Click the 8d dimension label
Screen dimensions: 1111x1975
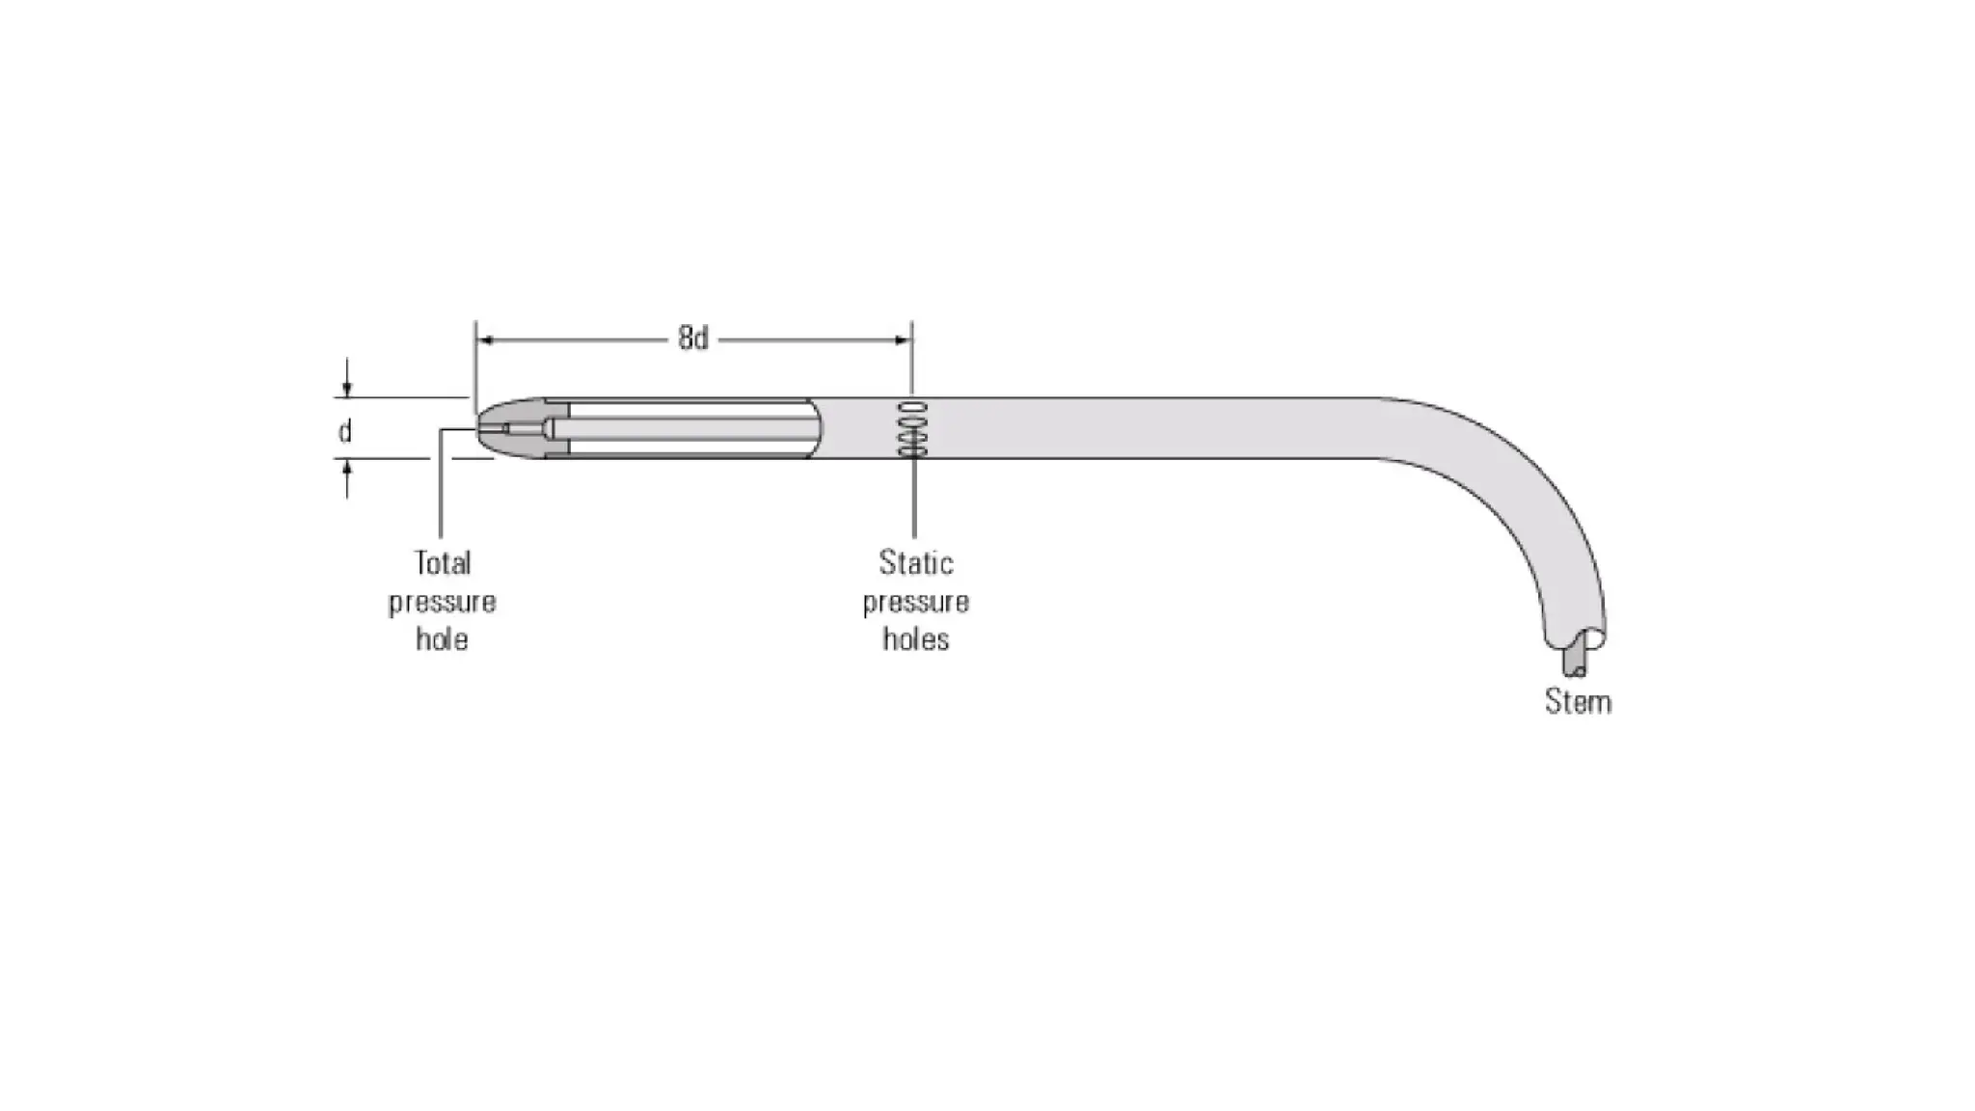click(x=692, y=339)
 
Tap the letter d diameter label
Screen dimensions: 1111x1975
click(x=344, y=431)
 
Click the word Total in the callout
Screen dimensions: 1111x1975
click(x=443, y=562)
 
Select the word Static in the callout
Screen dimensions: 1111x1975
click(x=915, y=562)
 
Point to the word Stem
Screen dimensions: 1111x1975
click(x=1578, y=701)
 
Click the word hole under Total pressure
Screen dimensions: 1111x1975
click(x=443, y=639)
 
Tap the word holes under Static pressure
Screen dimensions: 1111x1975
click(x=915, y=639)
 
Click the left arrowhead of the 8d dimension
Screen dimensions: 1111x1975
click(x=486, y=339)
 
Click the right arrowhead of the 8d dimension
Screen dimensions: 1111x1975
click(x=903, y=339)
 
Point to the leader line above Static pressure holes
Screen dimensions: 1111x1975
click(x=913, y=501)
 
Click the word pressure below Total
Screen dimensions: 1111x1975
click(x=443, y=603)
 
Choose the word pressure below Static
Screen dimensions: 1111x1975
click(x=915, y=603)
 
